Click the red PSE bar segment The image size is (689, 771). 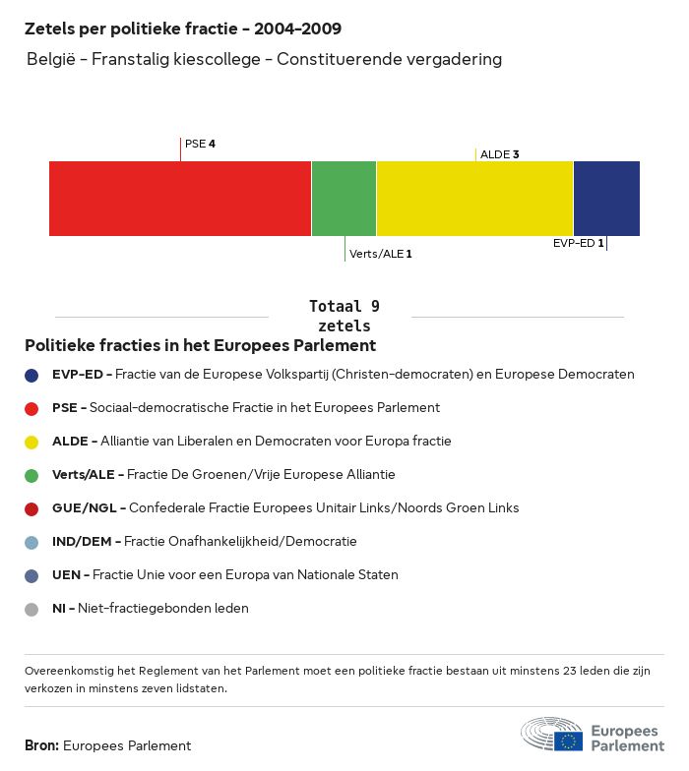tap(180, 199)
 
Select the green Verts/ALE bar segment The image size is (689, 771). tap(344, 199)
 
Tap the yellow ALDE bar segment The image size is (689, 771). tap(474, 199)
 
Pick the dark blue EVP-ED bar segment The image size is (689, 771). tap(606, 199)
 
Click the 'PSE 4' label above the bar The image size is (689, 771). tap(200, 144)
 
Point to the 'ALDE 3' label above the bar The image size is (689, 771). tap(499, 154)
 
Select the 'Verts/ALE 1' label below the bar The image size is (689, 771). tap(380, 254)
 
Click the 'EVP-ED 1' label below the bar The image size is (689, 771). tap(578, 243)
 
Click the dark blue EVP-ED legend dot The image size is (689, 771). tap(31, 375)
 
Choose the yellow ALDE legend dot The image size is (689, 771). tap(31, 442)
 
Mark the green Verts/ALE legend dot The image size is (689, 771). tap(31, 475)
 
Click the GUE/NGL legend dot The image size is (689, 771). tap(31, 508)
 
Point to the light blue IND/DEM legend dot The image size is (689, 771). tap(31, 542)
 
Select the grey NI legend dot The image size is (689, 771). tap(31, 609)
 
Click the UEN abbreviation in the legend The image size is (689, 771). tap(67, 575)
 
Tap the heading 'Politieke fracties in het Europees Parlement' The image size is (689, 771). tap(200, 346)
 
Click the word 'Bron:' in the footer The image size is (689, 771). tap(41, 745)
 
